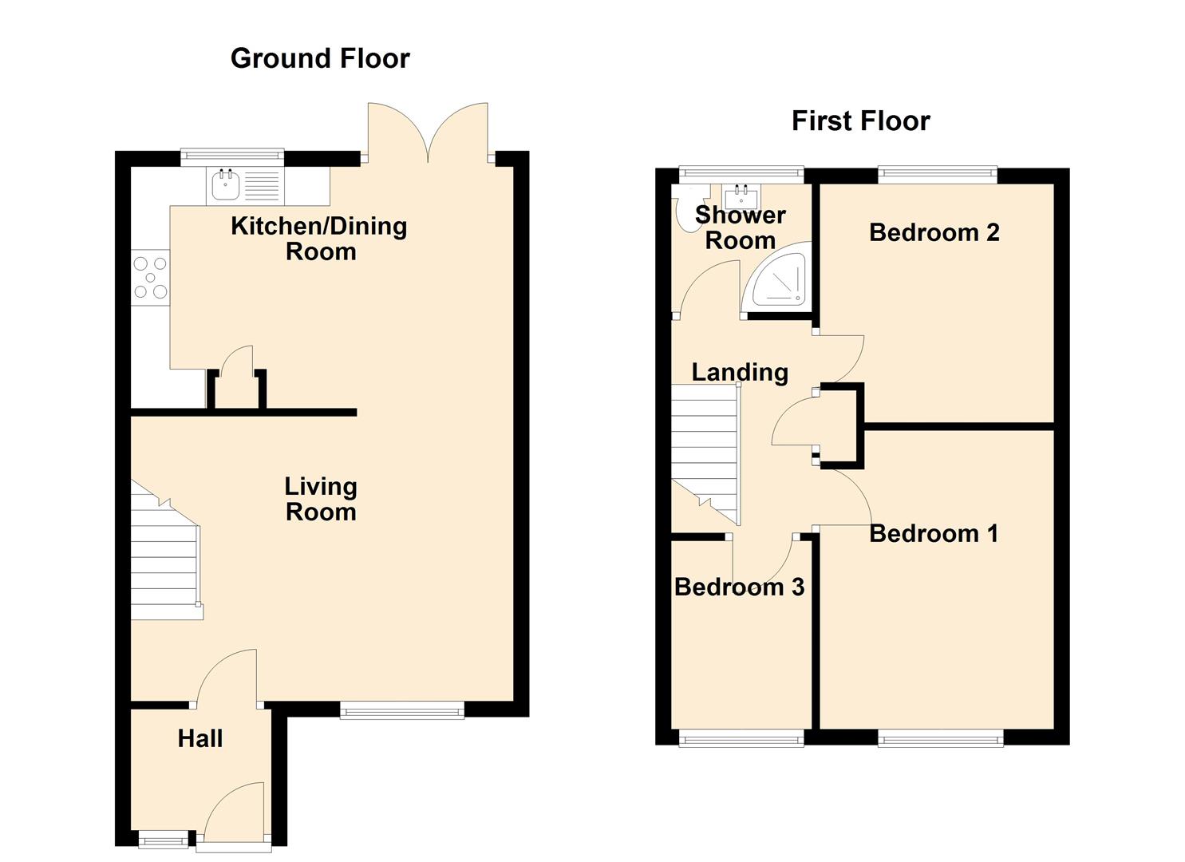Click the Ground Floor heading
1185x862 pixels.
tap(320, 58)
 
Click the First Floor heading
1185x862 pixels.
tap(861, 121)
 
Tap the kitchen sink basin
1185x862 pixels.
tap(226, 186)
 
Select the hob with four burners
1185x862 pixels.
tap(150, 277)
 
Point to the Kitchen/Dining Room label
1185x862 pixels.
tap(319, 239)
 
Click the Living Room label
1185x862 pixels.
tap(321, 499)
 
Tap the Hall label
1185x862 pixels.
tap(200, 739)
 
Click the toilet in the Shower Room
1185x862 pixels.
tap(686, 215)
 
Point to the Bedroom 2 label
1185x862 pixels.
tap(934, 233)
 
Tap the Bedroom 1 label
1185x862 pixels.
tap(934, 533)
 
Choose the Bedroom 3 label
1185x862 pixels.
tap(740, 587)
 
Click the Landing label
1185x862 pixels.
tap(740, 373)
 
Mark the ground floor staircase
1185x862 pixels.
tap(167, 551)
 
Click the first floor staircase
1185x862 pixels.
tap(706, 455)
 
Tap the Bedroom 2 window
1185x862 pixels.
tap(938, 175)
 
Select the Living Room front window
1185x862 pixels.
tap(402, 710)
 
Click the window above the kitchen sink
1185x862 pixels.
tap(232, 157)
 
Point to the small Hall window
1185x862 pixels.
tap(164, 839)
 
